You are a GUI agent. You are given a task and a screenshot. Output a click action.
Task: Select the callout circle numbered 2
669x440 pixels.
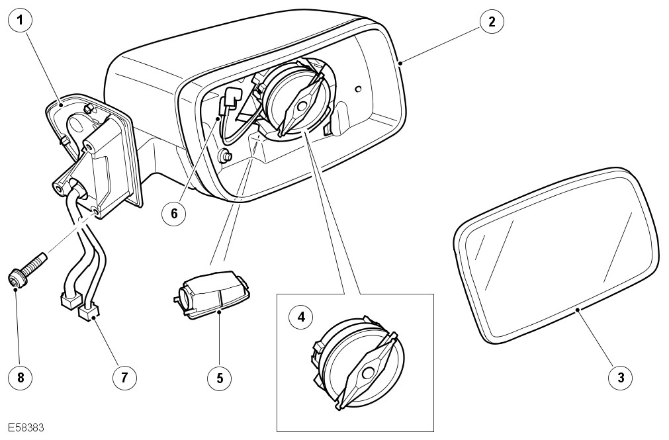491,21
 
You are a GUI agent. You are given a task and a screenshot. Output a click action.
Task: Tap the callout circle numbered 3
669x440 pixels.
621,377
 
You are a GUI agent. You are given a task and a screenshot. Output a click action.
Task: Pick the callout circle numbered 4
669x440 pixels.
302,317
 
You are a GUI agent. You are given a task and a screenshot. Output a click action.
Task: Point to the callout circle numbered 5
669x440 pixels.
220,377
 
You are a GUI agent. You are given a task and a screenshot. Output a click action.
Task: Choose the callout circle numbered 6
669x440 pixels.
175,213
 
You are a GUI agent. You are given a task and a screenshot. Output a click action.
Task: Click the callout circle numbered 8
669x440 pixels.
21,377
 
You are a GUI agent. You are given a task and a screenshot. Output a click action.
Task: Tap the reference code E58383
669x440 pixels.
26,428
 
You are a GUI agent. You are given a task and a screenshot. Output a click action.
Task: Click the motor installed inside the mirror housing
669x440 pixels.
294,99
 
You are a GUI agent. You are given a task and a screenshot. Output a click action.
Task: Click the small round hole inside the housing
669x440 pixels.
357,88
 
